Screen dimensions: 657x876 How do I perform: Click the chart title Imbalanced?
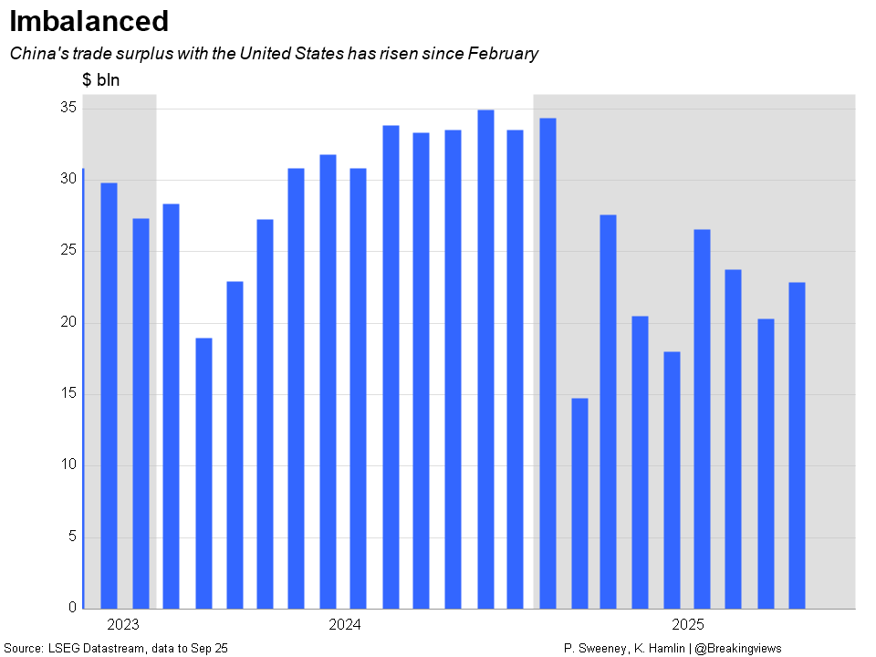(89, 21)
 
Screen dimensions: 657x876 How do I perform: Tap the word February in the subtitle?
(502, 54)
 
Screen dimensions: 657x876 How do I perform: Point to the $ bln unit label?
(100, 80)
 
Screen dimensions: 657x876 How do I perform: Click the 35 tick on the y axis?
(67, 108)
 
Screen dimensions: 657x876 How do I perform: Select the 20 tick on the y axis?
(67, 322)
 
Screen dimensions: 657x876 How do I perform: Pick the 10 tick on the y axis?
(67, 464)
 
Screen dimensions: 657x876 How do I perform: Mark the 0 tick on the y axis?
(71, 608)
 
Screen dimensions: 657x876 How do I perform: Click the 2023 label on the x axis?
(122, 625)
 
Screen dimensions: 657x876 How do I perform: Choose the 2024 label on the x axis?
(344, 625)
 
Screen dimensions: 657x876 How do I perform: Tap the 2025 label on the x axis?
(688, 625)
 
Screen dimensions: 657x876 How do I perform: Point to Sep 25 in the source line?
(209, 648)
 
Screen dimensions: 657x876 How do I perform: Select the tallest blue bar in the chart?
(485, 359)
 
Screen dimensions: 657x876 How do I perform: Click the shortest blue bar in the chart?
(579, 503)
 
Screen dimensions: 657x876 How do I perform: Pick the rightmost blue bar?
(797, 445)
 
